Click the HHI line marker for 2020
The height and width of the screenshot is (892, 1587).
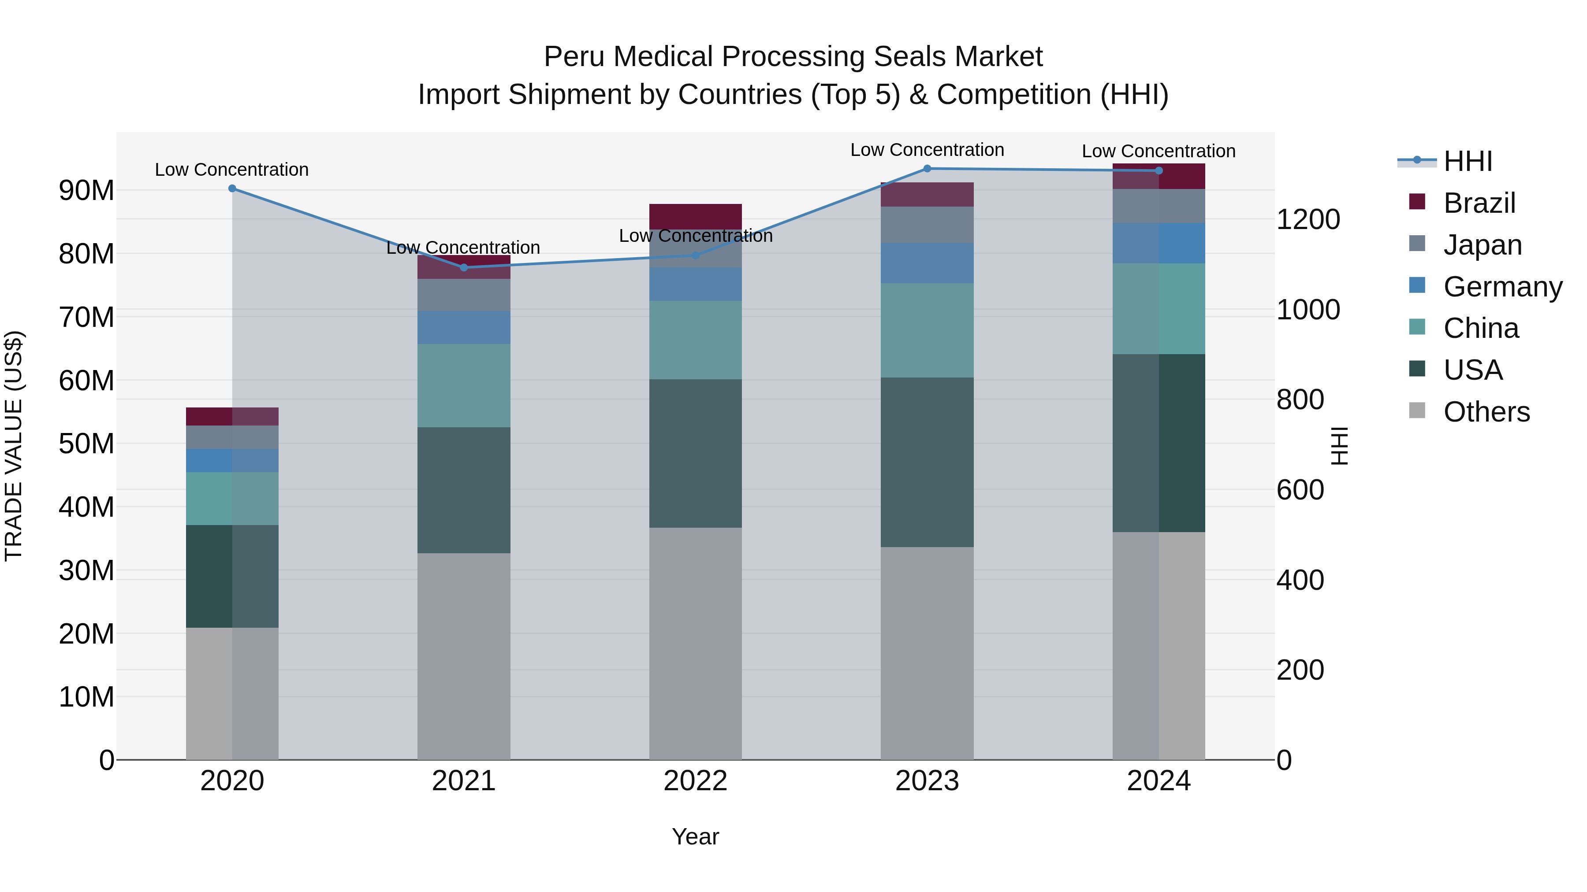(x=232, y=189)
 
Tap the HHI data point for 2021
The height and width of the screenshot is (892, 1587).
(x=464, y=267)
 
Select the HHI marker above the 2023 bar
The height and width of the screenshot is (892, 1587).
(x=927, y=168)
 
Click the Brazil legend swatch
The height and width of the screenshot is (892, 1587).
(x=1417, y=202)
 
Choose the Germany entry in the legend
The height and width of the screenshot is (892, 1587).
(x=1502, y=287)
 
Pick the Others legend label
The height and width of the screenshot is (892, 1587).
(x=1486, y=412)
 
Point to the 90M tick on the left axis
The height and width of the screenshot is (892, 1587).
(x=86, y=190)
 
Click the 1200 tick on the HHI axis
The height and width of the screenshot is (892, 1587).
(x=1308, y=220)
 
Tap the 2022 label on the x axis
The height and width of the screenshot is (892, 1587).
(x=696, y=781)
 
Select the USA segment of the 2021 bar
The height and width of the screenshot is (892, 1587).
(x=464, y=490)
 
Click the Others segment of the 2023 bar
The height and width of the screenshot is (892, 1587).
(x=927, y=652)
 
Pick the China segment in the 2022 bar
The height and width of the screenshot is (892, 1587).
(x=696, y=340)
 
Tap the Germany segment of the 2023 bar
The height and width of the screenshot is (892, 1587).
(x=927, y=263)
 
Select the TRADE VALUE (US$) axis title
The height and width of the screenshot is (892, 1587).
(x=14, y=446)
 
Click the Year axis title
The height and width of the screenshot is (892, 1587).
(x=696, y=836)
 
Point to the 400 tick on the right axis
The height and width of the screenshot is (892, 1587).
(x=1300, y=580)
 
